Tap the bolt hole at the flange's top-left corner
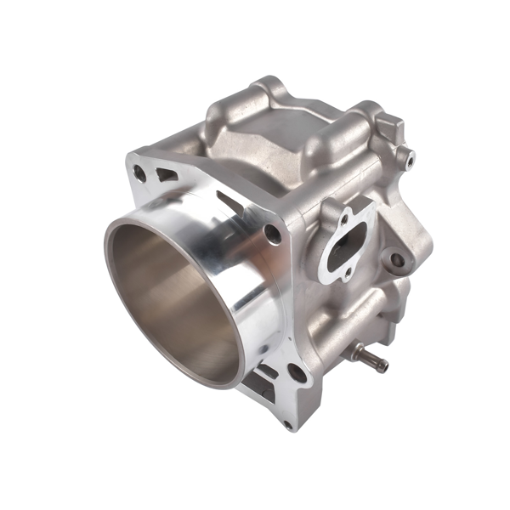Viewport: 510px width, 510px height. coord(139,173)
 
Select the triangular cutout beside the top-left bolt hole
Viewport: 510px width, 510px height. coord(166,176)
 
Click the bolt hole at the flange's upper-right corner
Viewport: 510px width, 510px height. coord(272,233)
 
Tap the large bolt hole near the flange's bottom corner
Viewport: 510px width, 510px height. coord(295,371)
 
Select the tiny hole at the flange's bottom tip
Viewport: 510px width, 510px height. coord(286,422)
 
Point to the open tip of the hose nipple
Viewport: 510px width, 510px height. coord(385,367)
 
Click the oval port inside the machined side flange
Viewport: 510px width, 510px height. coord(347,247)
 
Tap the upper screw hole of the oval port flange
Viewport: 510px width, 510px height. coord(345,218)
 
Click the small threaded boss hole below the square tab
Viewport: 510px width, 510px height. coord(410,159)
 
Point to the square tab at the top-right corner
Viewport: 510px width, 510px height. coord(392,128)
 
